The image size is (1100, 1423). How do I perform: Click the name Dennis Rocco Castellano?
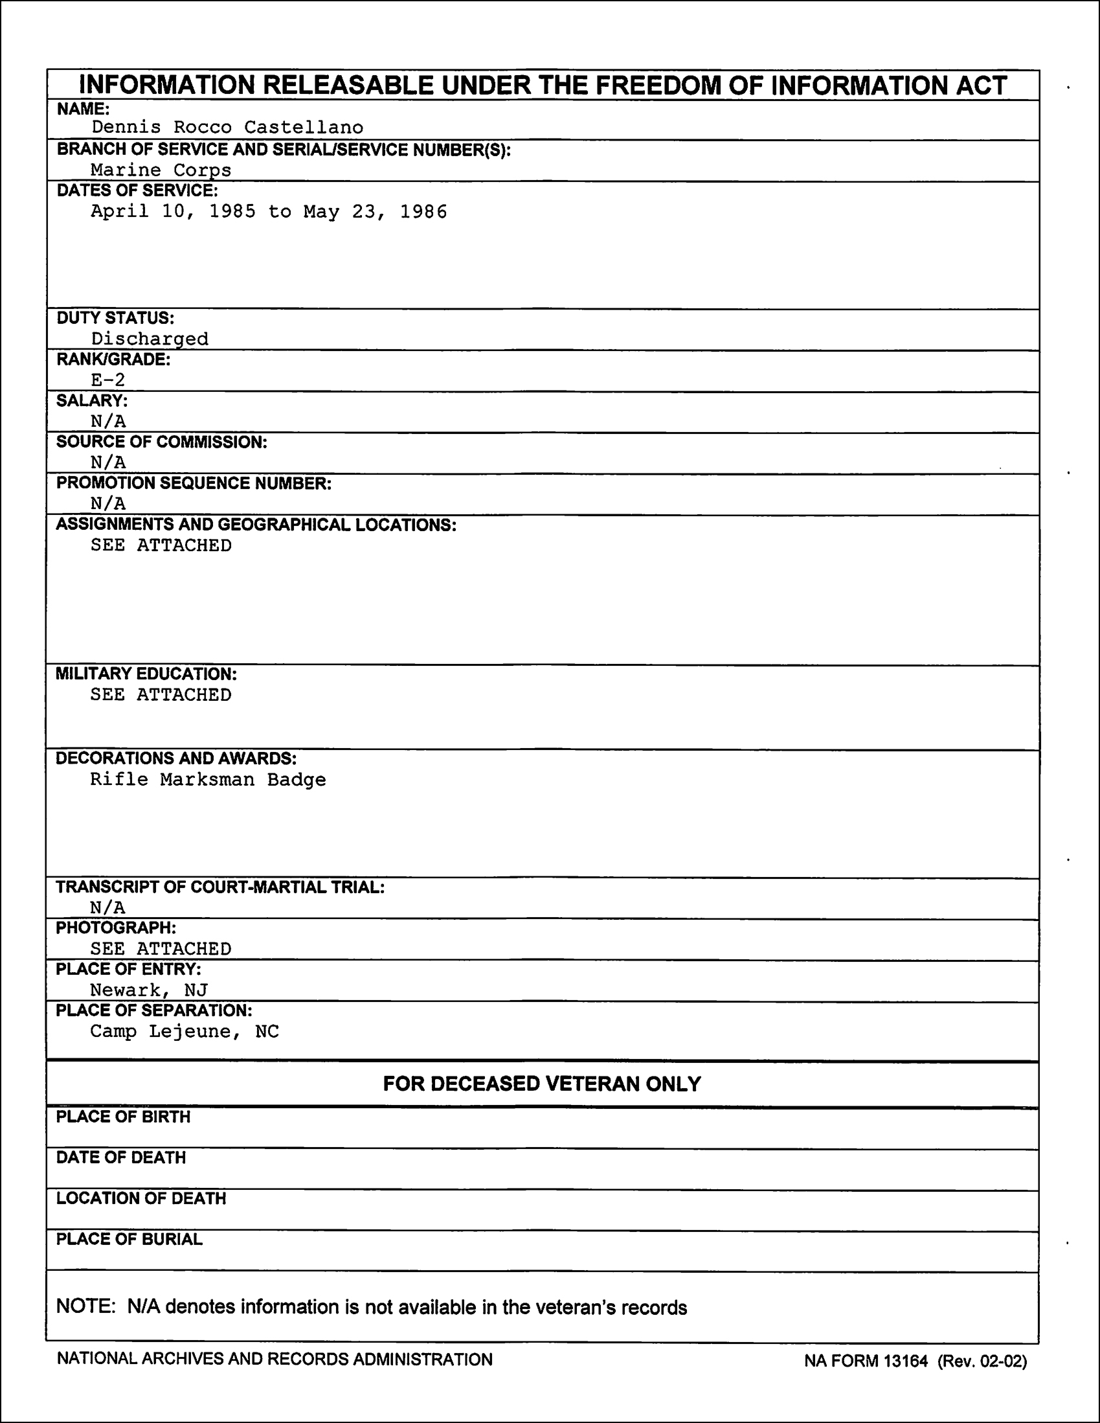click(x=227, y=127)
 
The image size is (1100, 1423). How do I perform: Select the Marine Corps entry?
click(x=161, y=170)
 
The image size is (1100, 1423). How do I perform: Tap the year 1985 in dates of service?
click(x=232, y=212)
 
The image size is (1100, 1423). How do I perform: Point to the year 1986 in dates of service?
click(x=423, y=212)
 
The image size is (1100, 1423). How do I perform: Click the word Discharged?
click(x=150, y=339)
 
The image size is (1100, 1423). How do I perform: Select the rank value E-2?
click(x=108, y=380)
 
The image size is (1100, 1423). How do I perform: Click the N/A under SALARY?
click(x=108, y=421)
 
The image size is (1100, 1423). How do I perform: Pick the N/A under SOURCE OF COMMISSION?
click(x=108, y=462)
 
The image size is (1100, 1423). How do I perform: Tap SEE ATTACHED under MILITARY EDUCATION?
click(x=161, y=694)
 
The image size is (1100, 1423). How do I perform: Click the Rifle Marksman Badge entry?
click(x=208, y=779)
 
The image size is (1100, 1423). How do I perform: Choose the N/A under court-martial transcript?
click(x=108, y=907)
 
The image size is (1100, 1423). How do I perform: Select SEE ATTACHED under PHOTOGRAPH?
click(x=161, y=949)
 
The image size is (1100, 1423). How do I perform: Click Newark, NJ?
click(x=148, y=990)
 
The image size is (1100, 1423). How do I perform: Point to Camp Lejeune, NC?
click(x=185, y=1031)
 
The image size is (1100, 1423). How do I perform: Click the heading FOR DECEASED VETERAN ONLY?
click(x=542, y=1084)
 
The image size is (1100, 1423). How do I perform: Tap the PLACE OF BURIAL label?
click(x=129, y=1238)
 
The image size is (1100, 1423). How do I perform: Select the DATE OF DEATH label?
click(x=121, y=1157)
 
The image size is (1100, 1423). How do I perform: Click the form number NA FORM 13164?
click(x=866, y=1360)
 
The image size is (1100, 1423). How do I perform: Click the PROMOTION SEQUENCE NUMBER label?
click(x=194, y=483)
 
